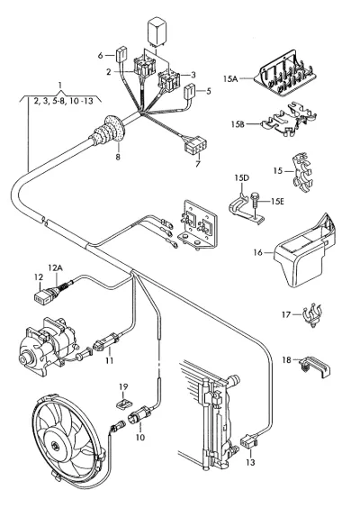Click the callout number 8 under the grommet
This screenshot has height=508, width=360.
118,157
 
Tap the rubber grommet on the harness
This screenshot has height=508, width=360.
109,131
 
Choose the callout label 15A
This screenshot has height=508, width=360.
230,78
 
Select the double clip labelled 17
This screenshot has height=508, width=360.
312,314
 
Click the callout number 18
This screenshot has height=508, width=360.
286,360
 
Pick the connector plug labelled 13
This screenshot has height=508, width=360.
248,441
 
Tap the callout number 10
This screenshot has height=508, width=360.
139,437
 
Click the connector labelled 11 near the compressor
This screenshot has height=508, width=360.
106,343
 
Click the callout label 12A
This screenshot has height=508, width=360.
56,268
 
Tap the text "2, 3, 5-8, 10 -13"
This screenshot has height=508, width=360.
64,102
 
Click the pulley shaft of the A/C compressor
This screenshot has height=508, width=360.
24,359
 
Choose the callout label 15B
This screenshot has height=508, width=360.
238,124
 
